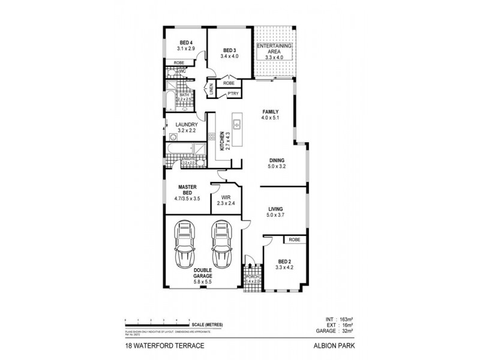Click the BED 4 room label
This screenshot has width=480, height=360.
coord(186,42)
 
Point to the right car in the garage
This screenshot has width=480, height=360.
coord(222,245)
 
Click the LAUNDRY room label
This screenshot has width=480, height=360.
coord(187,125)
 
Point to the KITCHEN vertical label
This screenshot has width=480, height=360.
coord(221,141)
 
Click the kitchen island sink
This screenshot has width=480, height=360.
coord(238,125)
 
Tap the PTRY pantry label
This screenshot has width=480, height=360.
coord(233,94)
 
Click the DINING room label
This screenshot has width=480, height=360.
coord(277,161)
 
